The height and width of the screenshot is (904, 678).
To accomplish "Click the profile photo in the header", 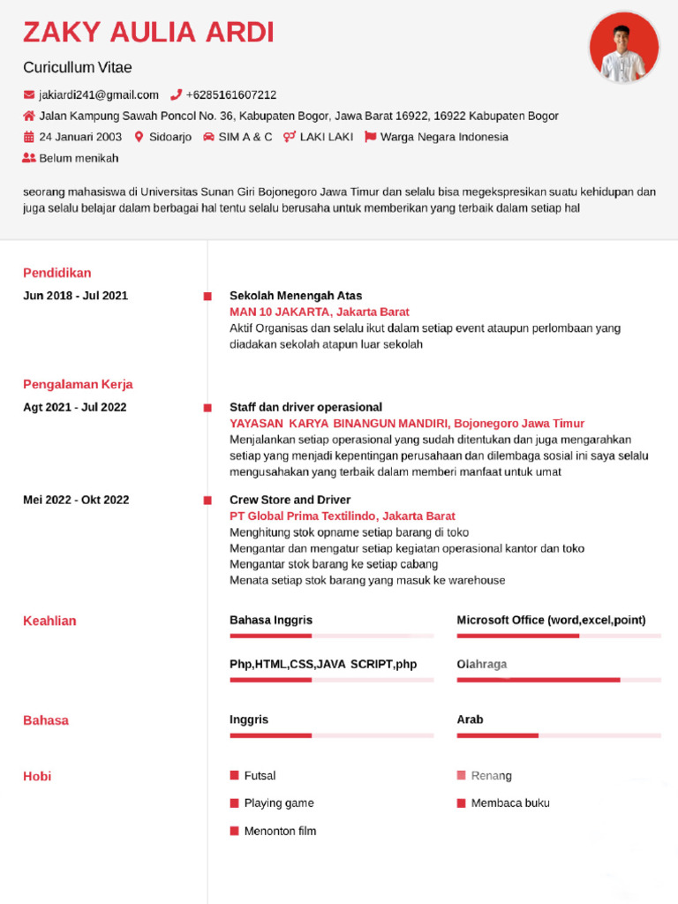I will [x=624, y=48].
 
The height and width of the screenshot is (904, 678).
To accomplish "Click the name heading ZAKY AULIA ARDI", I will [x=148, y=33].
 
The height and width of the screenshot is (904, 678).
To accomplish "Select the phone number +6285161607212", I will [x=230, y=95].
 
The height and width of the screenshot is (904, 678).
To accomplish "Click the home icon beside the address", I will [x=29, y=116].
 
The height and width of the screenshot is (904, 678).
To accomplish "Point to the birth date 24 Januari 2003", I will [x=80, y=137].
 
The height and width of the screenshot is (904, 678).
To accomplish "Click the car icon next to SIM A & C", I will [x=208, y=137].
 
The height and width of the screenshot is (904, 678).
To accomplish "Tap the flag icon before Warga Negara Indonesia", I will [x=371, y=137].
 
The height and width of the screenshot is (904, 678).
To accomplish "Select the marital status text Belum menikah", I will [x=79, y=158].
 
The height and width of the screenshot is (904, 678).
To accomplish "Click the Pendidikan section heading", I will [x=57, y=273].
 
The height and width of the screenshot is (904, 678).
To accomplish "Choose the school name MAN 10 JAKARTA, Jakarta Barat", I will [x=320, y=312].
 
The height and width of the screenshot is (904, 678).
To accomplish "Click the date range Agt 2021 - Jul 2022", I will [x=75, y=407].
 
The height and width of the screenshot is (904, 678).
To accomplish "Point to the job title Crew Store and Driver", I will [x=290, y=500].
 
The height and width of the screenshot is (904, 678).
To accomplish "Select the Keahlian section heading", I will [x=49, y=621].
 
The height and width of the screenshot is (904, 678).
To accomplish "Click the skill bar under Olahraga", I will [x=558, y=680].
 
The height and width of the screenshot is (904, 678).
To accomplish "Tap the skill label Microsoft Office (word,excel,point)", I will [x=551, y=620].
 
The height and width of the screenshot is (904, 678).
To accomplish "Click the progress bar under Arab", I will [x=558, y=735].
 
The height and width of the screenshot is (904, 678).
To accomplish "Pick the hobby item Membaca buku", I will [x=510, y=803].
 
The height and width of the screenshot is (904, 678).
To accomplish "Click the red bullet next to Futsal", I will [x=235, y=775].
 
